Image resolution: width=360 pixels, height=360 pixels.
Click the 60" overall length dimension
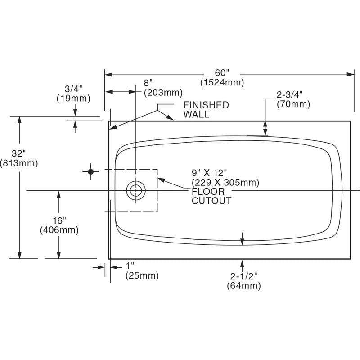pyautogui.click(x=222, y=73)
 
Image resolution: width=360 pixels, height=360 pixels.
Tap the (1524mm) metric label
pyautogui.click(x=222, y=82)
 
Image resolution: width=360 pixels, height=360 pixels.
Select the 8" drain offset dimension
pyautogui.click(x=148, y=83)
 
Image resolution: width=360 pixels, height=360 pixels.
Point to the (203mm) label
pyautogui.click(x=163, y=93)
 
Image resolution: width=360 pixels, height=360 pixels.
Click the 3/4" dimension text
pyautogui.click(x=73, y=89)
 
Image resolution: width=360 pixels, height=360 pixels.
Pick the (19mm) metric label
pyautogui.click(x=73, y=99)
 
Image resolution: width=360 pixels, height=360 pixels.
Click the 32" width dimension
pyautogui.click(x=18, y=153)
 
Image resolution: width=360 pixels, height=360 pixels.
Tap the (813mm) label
pyautogui.click(x=19, y=163)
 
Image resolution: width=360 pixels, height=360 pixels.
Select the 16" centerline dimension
pyautogui.click(x=59, y=220)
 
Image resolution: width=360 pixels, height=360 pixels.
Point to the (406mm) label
pyautogui.click(x=59, y=230)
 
